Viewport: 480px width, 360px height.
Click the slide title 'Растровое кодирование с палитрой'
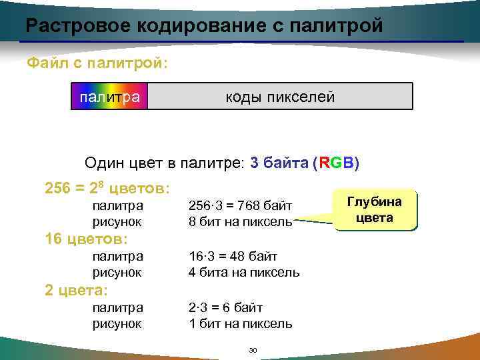204,26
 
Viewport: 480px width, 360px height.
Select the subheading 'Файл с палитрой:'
97,64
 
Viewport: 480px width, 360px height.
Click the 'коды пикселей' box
280,97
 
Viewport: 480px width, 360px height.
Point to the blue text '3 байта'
279,163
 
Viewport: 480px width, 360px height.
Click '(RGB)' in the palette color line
335,163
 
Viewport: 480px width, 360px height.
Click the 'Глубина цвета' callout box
374,210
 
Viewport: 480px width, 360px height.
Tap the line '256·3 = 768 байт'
241,206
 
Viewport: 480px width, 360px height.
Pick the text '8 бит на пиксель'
241,221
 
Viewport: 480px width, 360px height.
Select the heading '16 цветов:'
87,239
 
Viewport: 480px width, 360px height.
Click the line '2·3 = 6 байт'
226,308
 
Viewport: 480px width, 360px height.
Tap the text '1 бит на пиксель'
241,323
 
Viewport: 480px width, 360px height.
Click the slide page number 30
252,350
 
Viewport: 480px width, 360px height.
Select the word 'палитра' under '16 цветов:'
117,257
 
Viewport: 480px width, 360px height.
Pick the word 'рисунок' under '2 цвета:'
117,323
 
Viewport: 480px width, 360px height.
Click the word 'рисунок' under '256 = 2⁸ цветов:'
117,221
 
